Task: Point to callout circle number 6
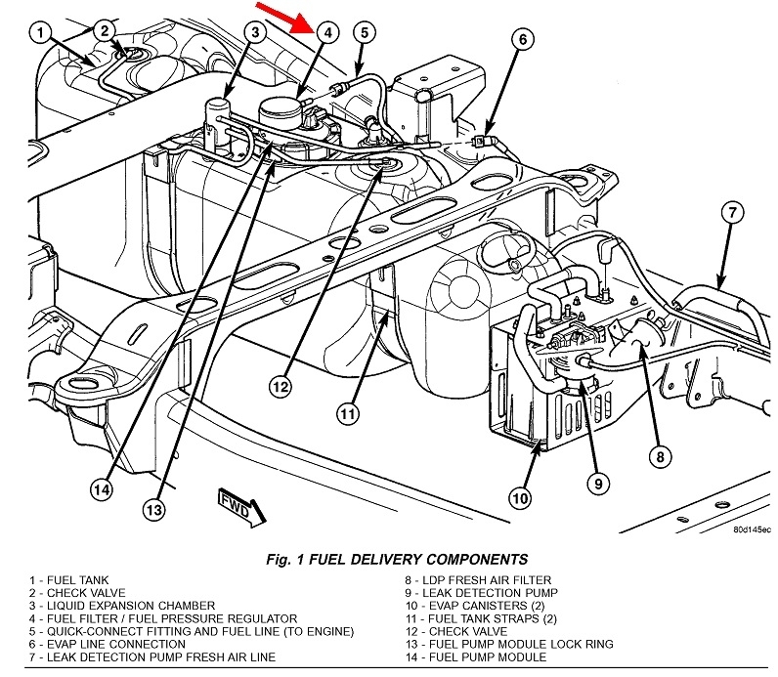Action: coord(522,40)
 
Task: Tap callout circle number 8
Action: coord(661,454)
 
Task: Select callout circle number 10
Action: coord(521,499)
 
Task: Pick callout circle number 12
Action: coord(281,388)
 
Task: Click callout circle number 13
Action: coord(151,507)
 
